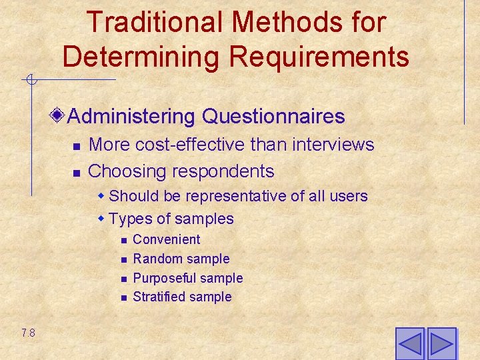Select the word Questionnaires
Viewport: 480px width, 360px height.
point(273,117)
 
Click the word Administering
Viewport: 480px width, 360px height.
point(130,117)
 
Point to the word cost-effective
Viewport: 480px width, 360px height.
point(200,145)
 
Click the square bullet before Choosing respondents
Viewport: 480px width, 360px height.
point(76,173)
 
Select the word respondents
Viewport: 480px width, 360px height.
point(223,171)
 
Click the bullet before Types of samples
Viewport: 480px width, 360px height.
point(101,219)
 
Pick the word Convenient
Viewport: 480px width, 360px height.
point(167,239)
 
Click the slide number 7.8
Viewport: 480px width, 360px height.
point(28,333)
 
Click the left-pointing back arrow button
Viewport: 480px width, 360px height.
point(409,344)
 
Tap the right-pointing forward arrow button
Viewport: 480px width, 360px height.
point(441,344)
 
